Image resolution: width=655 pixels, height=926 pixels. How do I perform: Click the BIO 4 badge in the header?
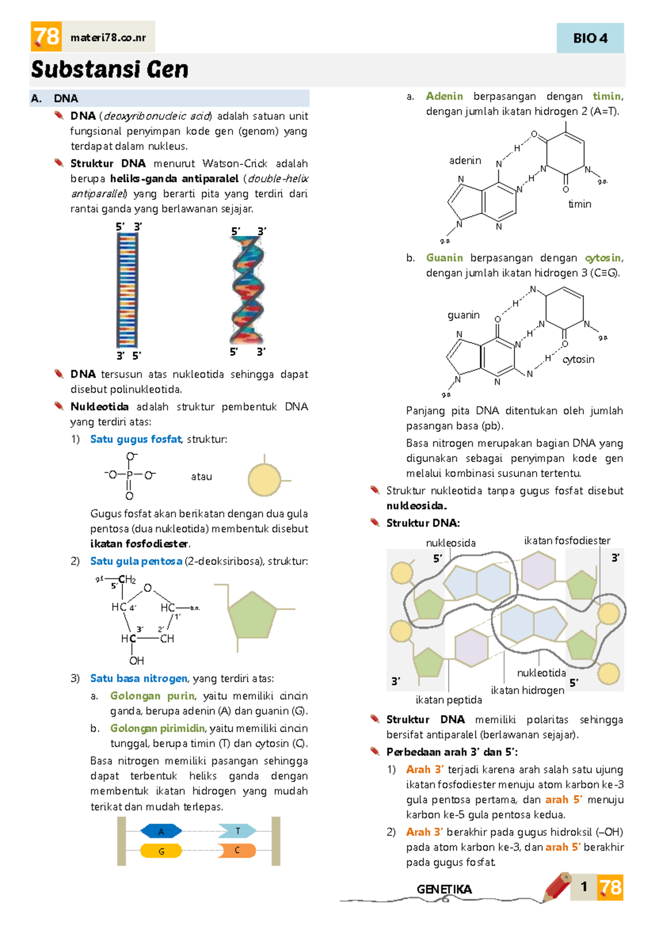(589, 38)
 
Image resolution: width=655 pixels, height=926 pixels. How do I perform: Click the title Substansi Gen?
(110, 69)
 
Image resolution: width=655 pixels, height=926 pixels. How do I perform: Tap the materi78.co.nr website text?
(108, 38)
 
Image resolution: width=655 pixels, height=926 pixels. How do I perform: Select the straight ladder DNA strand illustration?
(127, 290)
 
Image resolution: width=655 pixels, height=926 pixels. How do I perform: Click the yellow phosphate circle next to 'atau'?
(265, 480)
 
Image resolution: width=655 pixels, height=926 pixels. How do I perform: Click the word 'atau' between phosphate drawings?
(201, 477)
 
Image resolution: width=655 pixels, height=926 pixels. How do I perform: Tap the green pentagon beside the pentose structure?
(252, 614)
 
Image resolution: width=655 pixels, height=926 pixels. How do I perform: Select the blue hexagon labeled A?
(161, 832)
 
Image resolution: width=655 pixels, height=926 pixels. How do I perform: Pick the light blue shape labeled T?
(237, 831)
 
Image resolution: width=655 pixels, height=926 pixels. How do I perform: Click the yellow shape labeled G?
(161, 851)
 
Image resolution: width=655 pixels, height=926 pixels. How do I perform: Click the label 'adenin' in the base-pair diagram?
(465, 161)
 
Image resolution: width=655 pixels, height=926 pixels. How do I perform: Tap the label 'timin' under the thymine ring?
(580, 204)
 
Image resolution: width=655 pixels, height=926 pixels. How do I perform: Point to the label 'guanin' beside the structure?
(463, 315)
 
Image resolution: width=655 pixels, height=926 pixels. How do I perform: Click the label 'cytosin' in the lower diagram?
(578, 359)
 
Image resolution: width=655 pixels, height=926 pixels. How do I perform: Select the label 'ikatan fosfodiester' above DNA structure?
(567, 541)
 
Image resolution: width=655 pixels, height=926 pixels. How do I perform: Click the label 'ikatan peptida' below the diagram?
(449, 700)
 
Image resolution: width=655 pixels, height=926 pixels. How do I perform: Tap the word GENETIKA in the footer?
(444, 889)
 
